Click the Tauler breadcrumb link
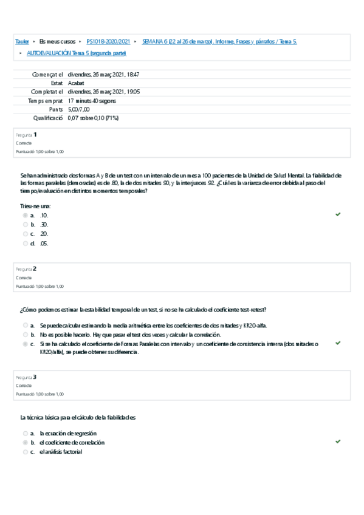[x=22, y=41]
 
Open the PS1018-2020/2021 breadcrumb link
[x=108, y=41]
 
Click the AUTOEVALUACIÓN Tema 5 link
[x=76, y=53]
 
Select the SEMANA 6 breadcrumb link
[x=219, y=41]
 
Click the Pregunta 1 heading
[x=27, y=134]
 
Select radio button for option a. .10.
[x=26, y=215]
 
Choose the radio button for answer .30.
[x=26, y=224]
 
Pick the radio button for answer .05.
[x=26, y=244]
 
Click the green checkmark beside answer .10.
[x=338, y=214]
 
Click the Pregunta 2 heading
[x=27, y=268]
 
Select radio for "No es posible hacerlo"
[x=26, y=334]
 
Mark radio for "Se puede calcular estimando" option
[x=26, y=325]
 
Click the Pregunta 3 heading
[x=27, y=377]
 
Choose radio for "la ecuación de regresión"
[x=26, y=433]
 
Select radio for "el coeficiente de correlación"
[x=26, y=443]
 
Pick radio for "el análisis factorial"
[x=26, y=452]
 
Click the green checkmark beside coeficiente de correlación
[x=338, y=442]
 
